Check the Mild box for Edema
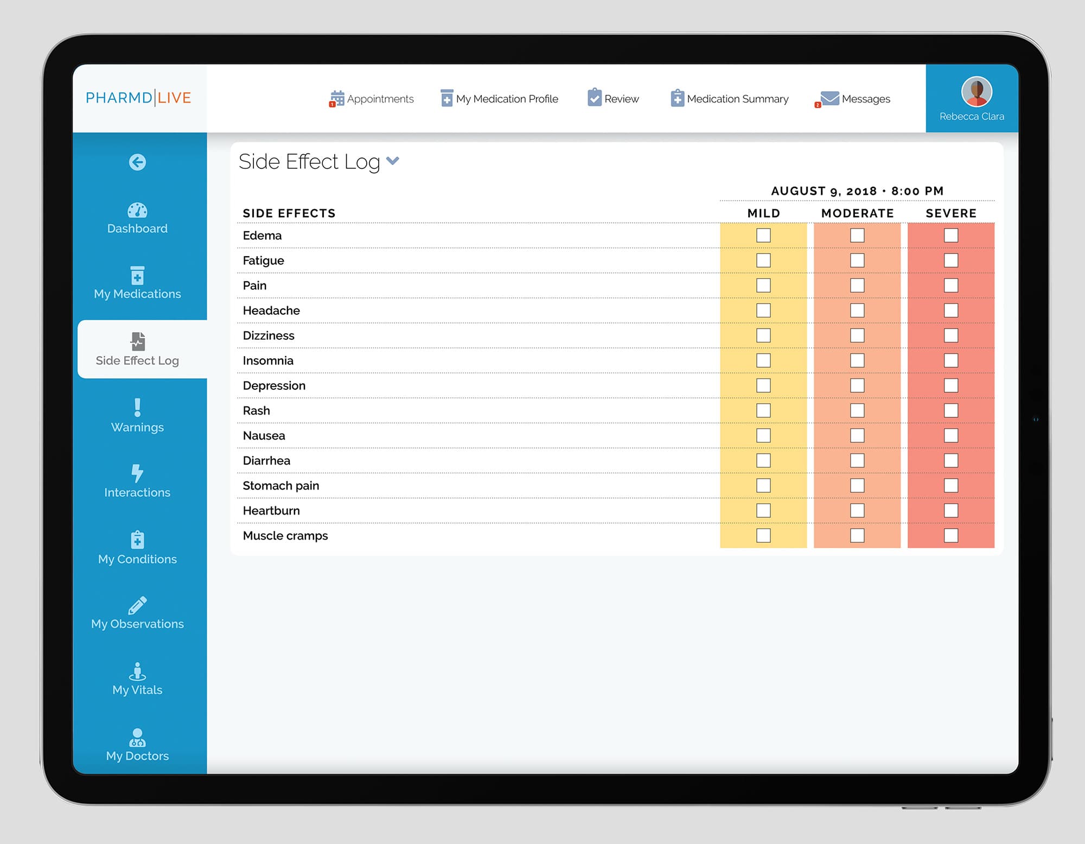pyautogui.click(x=763, y=236)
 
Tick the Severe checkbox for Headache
pyautogui.click(x=950, y=310)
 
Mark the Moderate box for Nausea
pyautogui.click(x=857, y=436)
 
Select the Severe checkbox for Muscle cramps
pyautogui.click(x=950, y=536)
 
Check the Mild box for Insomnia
pyautogui.click(x=763, y=360)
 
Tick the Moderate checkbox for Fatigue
pyautogui.click(x=857, y=261)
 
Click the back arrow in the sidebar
pyautogui.click(x=137, y=162)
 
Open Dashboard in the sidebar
pyautogui.click(x=137, y=218)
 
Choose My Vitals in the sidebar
pyautogui.click(x=137, y=679)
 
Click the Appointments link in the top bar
pyautogui.click(x=372, y=99)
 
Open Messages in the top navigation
pyautogui.click(x=856, y=99)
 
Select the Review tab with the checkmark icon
pyautogui.click(x=614, y=99)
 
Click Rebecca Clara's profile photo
pyautogui.click(x=976, y=92)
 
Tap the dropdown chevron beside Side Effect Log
pyautogui.click(x=393, y=161)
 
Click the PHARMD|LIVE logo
pyautogui.click(x=138, y=98)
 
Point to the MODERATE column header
pyautogui.click(x=857, y=213)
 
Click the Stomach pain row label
pyautogui.click(x=281, y=486)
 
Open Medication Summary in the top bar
pyautogui.click(x=730, y=99)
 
